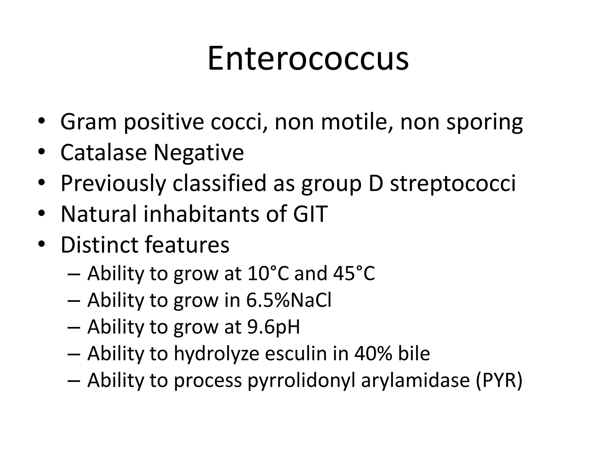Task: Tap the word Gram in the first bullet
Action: pyautogui.click(x=88, y=122)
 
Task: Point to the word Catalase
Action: pyautogui.click(x=103, y=152)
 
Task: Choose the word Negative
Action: pyautogui.click(x=199, y=153)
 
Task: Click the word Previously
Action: pyautogui.click(x=113, y=183)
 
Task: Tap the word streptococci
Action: pyautogui.click(x=453, y=183)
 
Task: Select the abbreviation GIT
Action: pyautogui.click(x=310, y=214)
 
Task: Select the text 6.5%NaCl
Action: pyautogui.click(x=289, y=300)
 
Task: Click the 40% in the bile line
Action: pyautogui.click(x=373, y=353)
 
